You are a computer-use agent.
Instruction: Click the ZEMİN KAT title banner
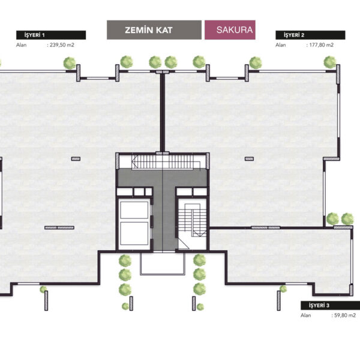coord(154,30)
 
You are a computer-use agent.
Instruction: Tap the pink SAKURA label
coord(230,30)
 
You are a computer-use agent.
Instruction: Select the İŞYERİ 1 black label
coord(51,35)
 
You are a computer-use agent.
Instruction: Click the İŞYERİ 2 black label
coord(310,35)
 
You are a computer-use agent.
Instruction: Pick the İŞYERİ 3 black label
coord(331,305)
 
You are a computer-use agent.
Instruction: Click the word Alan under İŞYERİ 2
coord(281,45)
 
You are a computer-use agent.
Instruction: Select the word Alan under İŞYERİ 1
coord(22,45)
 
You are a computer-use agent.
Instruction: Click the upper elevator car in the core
coord(134,210)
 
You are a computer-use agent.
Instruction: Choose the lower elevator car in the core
coord(134,233)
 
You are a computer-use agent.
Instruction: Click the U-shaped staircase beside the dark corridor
coord(193,220)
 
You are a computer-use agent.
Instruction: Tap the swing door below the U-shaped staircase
coord(184,244)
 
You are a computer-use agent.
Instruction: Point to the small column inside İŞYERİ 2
coord(249,159)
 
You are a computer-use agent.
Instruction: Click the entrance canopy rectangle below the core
coord(163,263)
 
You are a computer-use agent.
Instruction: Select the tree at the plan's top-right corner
coord(330,62)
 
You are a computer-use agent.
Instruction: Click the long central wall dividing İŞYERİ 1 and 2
coord(163,113)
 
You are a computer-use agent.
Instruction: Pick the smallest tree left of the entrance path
coord(125,306)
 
